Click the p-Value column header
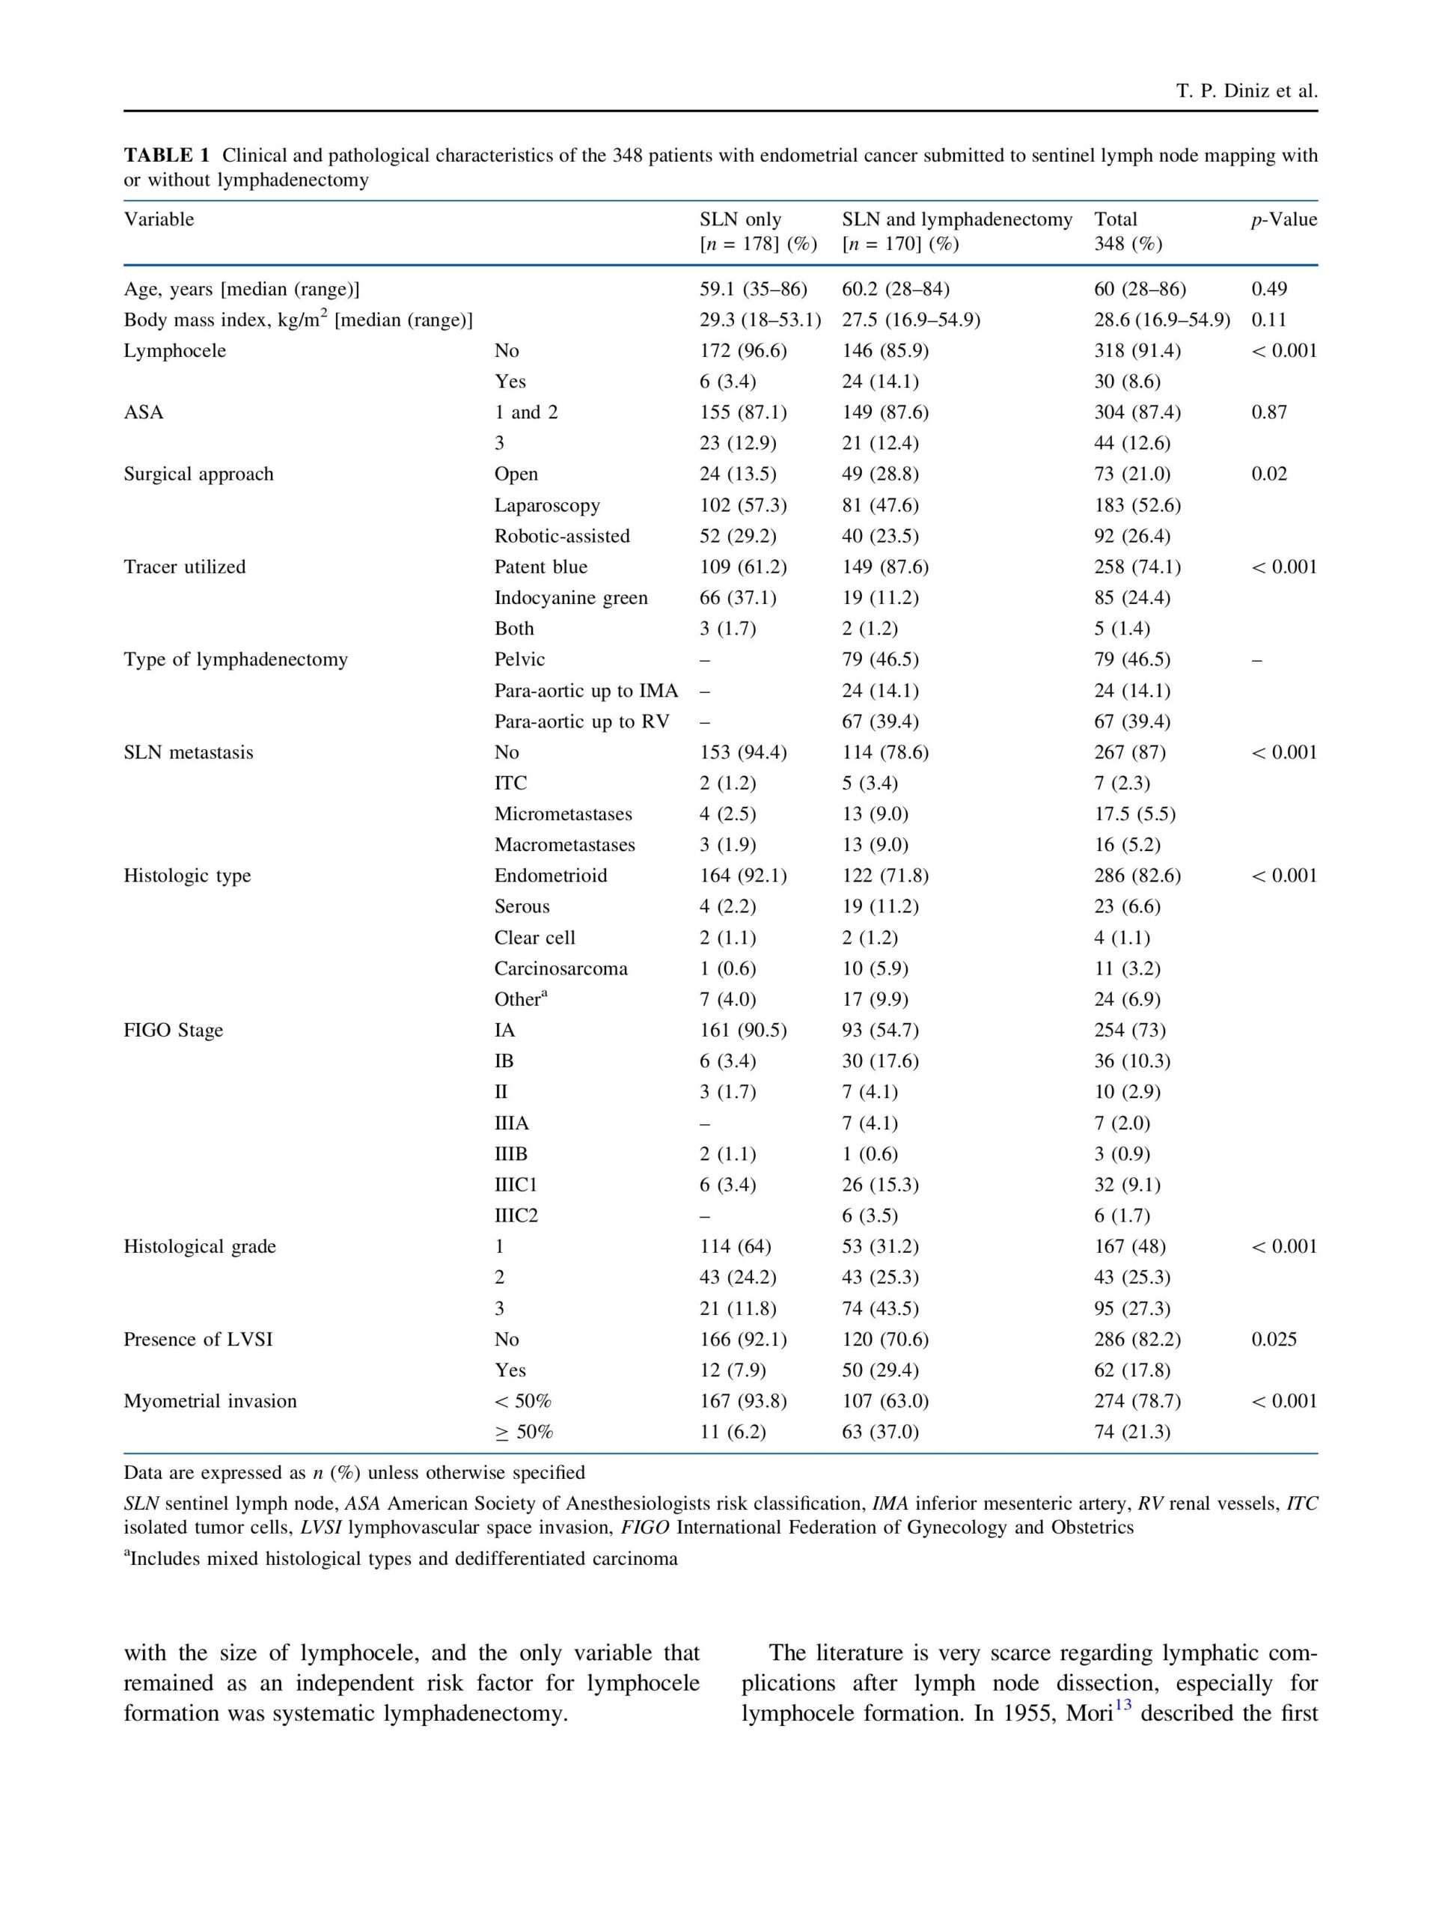pos(1283,219)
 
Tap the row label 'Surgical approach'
pos(198,474)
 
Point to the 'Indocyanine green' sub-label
pos(570,598)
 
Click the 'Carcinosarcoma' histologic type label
pos(560,968)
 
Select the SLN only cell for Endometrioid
pos(743,876)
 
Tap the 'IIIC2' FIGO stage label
pos(516,1215)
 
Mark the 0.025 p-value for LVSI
pos(1273,1339)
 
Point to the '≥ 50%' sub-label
pos(523,1432)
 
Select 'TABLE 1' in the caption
pos(166,156)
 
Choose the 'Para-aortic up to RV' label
pos(581,721)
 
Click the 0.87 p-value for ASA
pos(1269,412)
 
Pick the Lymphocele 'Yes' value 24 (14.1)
pos(880,381)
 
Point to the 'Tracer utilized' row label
pos(185,567)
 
